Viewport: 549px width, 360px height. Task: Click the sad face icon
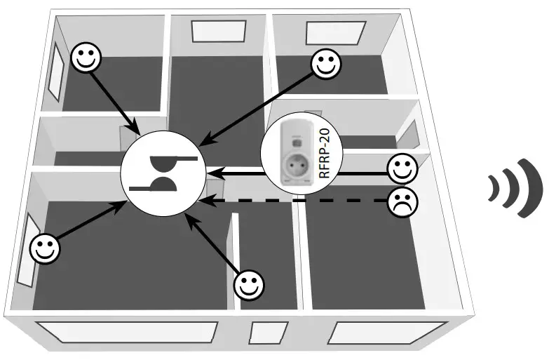click(x=402, y=202)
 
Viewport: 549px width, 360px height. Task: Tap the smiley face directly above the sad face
click(x=402, y=168)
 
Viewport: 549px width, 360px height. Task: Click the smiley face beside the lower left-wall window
click(x=46, y=248)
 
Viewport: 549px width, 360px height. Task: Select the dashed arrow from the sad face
click(x=294, y=202)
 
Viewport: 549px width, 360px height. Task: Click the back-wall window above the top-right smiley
click(x=336, y=30)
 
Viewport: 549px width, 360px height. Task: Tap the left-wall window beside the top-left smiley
click(x=60, y=69)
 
